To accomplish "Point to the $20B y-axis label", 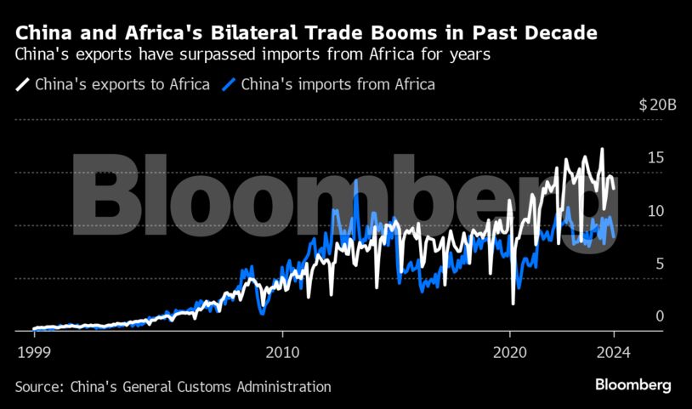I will coord(657,105).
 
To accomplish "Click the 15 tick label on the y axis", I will coord(655,158).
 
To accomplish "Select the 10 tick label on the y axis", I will coord(655,211).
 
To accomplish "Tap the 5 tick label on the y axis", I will coord(659,264).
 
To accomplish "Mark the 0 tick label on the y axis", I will coord(659,316).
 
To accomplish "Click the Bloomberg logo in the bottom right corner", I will coord(632,385).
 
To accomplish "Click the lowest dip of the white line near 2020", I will coord(513,303).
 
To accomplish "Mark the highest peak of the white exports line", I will coord(602,150).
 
